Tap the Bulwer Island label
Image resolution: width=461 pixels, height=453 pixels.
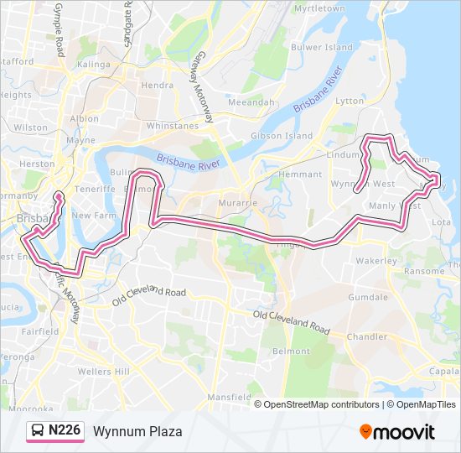coord(323,48)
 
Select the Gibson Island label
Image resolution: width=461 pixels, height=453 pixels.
coord(282,136)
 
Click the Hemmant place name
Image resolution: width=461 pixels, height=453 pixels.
coord(299,174)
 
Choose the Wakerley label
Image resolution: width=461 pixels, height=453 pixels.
coord(377,261)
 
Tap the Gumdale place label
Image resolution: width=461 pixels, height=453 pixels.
coord(368,298)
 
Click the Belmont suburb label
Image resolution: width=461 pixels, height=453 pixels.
coord(293,351)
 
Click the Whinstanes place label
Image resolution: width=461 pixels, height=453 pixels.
coord(172,126)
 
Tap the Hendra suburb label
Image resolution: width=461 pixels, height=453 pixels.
coord(158,86)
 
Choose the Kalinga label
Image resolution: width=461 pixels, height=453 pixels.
coord(93,64)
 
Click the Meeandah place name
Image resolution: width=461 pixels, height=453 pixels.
coord(251,102)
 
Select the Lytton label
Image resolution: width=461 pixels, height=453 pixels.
coord(350,101)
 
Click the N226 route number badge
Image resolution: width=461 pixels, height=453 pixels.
coord(55,431)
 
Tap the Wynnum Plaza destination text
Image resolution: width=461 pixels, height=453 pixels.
coord(137,432)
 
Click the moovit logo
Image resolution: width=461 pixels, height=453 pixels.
coord(397,431)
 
